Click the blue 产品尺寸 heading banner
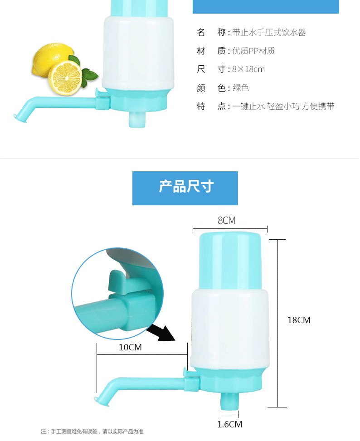(185, 188)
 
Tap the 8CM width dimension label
(226, 220)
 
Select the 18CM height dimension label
(299, 320)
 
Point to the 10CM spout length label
(130, 347)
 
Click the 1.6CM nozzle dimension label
(229, 424)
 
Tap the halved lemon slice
(65, 78)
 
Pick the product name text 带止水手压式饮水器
(269, 33)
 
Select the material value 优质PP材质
(253, 51)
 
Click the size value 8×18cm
(248, 69)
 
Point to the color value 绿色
(241, 88)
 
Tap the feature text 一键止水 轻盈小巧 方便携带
(283, 107)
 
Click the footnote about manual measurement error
(92, 431)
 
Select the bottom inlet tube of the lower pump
(230, 401)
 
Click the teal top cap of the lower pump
(230, 261)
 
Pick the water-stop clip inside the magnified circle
(119, 282)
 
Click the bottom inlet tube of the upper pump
(137, 119)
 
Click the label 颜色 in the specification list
(209, 88)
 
